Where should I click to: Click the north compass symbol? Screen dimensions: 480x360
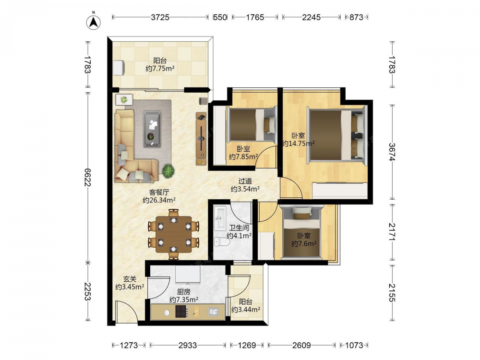[94, 22]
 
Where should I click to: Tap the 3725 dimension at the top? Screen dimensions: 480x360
[160, 17]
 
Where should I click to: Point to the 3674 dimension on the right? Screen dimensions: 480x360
[392, 152]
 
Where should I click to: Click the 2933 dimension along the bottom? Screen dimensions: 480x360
[188, 345]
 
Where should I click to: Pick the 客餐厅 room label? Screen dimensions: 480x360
[159, 192]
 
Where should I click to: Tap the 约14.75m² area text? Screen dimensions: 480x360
[299, 143]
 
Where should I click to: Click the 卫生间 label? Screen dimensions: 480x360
[239, 228]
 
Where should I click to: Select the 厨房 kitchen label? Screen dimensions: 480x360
[184, 292]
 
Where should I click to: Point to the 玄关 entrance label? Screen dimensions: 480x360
[130, 279]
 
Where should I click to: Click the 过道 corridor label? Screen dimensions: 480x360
[245, 181]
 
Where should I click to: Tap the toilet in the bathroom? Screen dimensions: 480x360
[222, 242]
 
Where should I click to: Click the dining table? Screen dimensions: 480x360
[174, 234]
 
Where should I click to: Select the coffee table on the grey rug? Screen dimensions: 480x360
[152, 129]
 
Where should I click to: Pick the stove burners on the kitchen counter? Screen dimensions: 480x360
[181, 312]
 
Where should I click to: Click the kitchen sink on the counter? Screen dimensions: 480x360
[214, 312]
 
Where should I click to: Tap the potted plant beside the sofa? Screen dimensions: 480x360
[168, 170]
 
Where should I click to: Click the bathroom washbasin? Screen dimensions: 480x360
[219, 217]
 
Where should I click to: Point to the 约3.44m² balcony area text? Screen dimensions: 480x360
[245, 310]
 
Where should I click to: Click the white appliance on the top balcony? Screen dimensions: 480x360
[119, 67]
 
